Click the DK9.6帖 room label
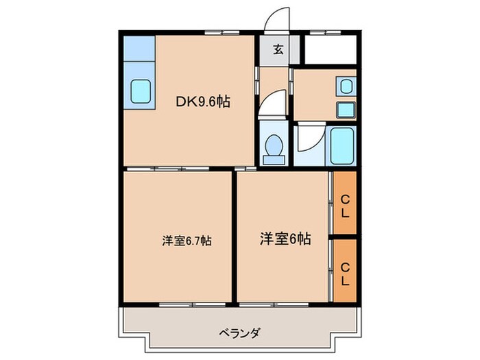(203, 103)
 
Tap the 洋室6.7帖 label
(187, 241)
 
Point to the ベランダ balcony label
(239, 333)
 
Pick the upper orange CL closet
(346, 204)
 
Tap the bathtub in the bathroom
(342, 146)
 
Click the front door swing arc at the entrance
(277, 17)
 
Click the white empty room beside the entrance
(330, 49)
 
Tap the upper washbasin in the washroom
(346, 86)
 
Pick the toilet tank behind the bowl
(274, 160)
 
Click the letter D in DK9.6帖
(181, 103)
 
